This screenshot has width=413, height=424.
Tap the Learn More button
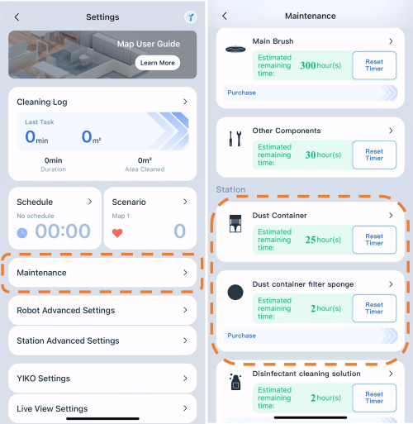(x=158, y=63)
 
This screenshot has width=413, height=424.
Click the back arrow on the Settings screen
(x=17, y=17)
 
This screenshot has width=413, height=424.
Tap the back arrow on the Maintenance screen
(x=225, y=16)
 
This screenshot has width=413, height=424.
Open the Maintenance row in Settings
(x=102, y=273)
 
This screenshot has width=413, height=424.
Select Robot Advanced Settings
(x=102, y=311)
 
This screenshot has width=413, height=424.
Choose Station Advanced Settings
(x=102, y=341)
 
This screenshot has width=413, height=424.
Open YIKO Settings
(x=102, y=379)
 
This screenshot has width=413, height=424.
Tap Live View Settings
(x=102, y=408)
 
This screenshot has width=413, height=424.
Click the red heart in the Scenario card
(x=117, y=233)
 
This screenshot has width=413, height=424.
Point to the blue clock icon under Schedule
(x=22, y=233)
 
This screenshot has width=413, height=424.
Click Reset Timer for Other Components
(x=374, y=155)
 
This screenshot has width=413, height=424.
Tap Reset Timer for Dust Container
(x=374, y=240)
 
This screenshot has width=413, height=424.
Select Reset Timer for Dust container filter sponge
(x=374, y=308)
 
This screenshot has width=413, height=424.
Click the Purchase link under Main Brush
(x=241, y=93)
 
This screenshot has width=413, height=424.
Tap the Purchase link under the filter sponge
(x=241, y=336)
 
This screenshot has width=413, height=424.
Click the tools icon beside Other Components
(x=235, y=138)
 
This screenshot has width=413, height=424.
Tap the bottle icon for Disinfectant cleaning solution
(x=235, y=382)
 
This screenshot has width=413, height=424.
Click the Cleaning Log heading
(x=42, y=102)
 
